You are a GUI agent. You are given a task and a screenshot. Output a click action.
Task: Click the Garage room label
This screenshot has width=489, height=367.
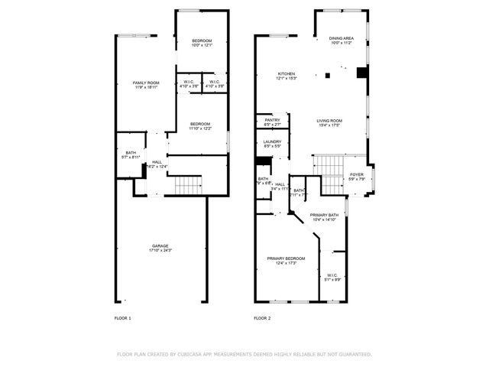[x=160, y=246]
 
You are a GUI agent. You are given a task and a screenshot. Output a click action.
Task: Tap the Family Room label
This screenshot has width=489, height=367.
[x=145, y=83]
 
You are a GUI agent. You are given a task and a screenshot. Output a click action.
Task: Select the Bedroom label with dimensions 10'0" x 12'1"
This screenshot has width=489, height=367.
[x=202, y=41]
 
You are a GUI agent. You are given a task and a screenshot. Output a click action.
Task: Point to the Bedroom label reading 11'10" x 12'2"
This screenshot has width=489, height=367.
[x=201, y=124]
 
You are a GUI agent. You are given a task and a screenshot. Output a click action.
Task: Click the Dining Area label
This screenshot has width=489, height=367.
[x=341, y=38]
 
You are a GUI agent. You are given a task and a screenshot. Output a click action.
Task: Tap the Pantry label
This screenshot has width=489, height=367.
[x=273, y=119]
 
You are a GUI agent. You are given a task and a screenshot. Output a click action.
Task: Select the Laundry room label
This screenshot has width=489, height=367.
[x=273, y=141]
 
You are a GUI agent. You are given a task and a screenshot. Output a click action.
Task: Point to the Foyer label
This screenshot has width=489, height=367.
[x=357, y=174]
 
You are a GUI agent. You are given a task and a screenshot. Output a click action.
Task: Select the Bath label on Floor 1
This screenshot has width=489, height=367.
[x=131, y=153]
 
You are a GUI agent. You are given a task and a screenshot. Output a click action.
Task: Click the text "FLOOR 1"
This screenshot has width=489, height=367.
[x=122, y=317]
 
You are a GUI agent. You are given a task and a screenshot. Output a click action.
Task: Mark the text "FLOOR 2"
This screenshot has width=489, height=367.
[x=262, y=317]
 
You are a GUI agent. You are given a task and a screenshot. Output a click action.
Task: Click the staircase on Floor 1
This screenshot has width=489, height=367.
[x=187, y=184]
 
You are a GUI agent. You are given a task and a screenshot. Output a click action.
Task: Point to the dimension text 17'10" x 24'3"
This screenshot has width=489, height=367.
[x=160, y=250]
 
